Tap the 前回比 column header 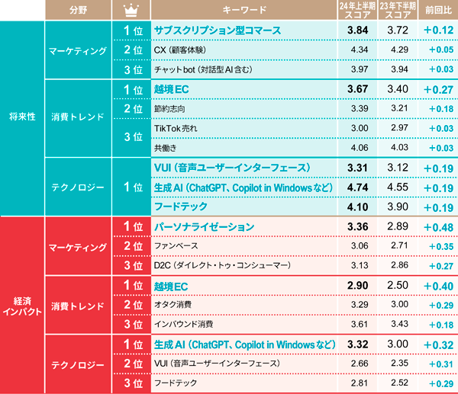436,10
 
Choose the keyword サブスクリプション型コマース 218,30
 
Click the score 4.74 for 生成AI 357,187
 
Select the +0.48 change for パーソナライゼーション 436,227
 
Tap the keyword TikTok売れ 175,128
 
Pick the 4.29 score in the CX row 397,50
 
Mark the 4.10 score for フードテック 357,207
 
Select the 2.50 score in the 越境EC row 397,286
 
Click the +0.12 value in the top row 436,30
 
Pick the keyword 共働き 166,148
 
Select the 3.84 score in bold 357,30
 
